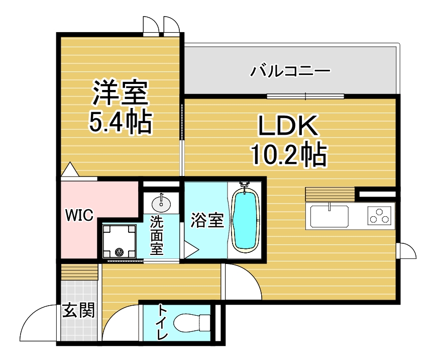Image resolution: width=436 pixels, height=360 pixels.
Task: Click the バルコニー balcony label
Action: [x=291, y=70]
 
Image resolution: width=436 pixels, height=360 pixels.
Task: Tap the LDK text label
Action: [x=288, y=127]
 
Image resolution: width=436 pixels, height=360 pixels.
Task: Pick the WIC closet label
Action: [x=79, y=216]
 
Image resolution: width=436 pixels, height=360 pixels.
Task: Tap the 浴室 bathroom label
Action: [x=206, y=220]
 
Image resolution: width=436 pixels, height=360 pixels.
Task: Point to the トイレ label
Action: [x=162, y=322]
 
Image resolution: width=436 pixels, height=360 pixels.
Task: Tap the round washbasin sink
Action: [x=161, y=203]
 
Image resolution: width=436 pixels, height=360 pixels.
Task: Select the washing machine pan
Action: [x=120, y=241]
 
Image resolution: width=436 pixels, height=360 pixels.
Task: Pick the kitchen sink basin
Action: [x=329, y=216]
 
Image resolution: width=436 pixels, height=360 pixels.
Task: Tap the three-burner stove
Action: [x=380, y=216]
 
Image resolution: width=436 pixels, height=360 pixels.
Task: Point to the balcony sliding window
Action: [x=306, y=96]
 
